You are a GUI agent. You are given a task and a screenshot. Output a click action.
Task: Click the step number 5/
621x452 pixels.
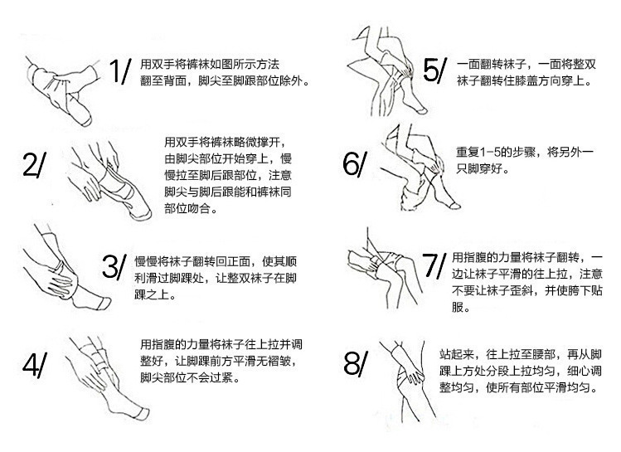(434, 70)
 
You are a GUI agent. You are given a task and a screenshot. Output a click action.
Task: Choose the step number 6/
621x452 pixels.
(353, 164)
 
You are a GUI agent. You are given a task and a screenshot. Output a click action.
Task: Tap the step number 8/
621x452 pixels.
(354, 363)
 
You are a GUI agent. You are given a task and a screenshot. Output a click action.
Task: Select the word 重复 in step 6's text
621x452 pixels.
(466, 152)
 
